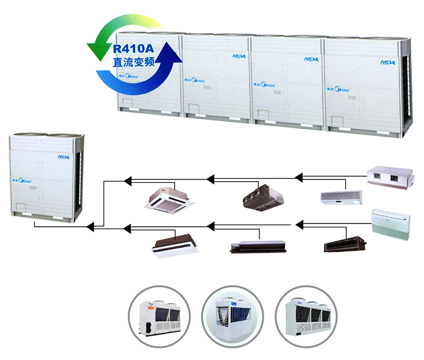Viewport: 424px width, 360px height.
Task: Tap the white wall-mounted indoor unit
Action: click(341, 197)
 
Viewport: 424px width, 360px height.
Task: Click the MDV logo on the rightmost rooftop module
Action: click(387, 62)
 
